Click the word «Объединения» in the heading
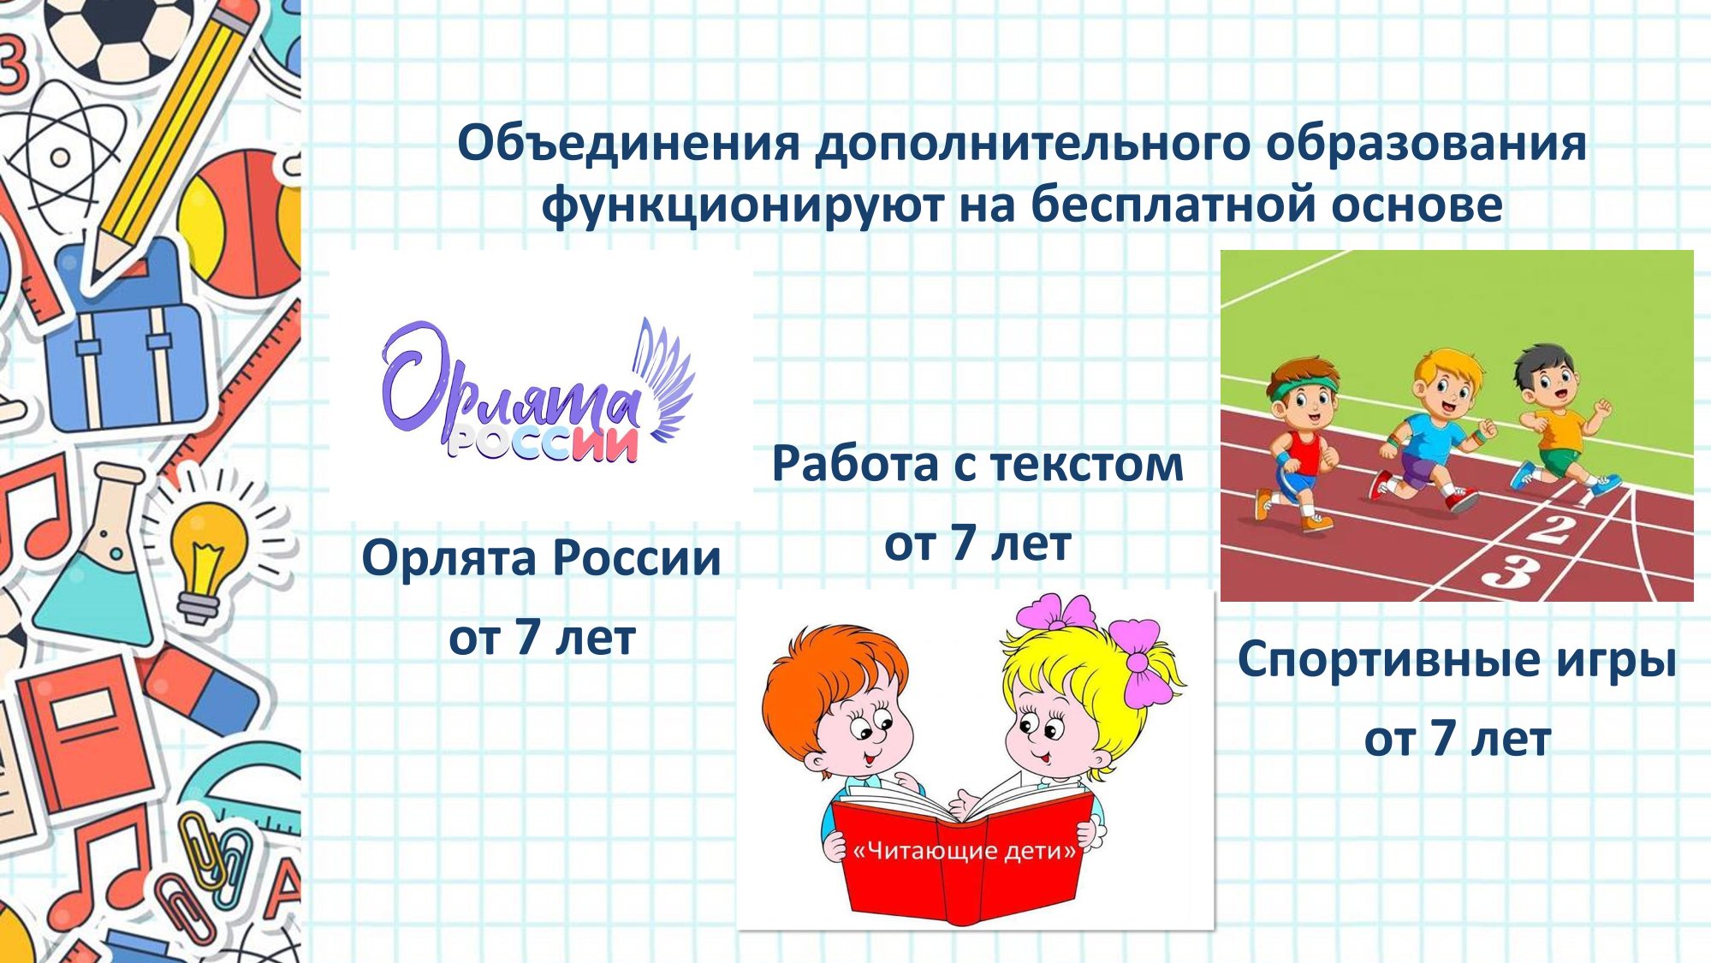point(629,144)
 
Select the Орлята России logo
point(538,390)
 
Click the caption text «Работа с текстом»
point(977,464)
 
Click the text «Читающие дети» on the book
point(965,851)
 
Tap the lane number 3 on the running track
point(1508,570)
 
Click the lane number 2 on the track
point(1551,528)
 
